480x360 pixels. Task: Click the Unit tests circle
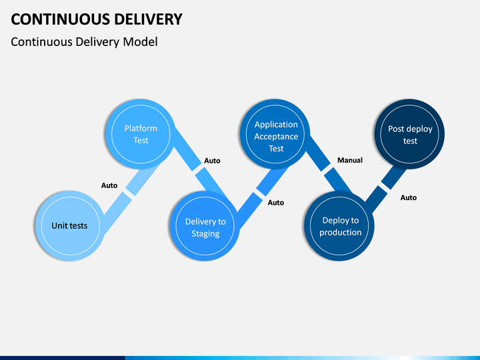click(70, 226)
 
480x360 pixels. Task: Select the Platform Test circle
click(141, 134)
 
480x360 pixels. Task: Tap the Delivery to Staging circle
click(205, 226)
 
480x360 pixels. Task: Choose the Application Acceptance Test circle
click(275, 134)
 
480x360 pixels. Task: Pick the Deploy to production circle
click(339, 226)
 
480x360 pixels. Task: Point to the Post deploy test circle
click(409, 134)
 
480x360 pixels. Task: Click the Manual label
click(350, 160)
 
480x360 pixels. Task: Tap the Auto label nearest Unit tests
click(109, 185)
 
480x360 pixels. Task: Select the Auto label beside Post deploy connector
click(409, 197)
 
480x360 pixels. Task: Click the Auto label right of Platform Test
click(212, 161)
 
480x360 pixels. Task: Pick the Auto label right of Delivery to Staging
click(276, 203)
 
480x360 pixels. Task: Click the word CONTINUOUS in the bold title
click(60, 19)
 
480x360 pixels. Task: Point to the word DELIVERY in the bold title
click(149, 19)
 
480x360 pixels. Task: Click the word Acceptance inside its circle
click(276, 137)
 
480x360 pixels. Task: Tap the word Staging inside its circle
click(205, 234)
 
